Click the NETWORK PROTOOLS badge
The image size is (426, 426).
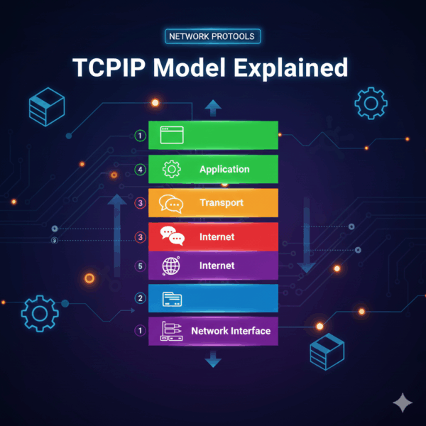212,35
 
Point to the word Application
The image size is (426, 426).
224,169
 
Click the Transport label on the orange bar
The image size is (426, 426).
221,202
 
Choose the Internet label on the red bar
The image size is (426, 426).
217,236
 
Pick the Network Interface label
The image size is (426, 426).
230,330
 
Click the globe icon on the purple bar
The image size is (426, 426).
172,266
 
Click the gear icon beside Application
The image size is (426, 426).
172,170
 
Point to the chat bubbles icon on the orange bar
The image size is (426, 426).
171,203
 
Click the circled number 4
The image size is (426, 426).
140,170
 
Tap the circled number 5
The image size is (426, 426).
140,266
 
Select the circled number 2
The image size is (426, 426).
140,298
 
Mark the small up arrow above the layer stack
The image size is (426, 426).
213,107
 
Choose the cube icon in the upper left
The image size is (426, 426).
46,106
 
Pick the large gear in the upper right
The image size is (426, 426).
370,104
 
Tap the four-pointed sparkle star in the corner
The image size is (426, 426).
403,403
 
